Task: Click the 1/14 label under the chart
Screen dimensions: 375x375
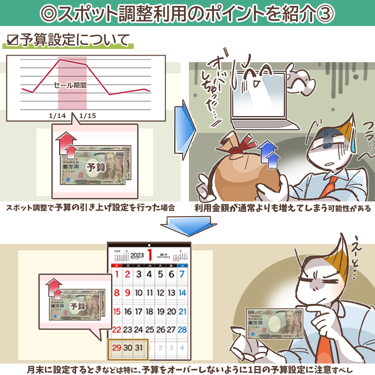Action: [x=57, y=116]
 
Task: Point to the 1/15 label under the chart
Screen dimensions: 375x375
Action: [x=87, y=116]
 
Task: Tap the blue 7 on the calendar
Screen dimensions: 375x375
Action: [x=182, y=275]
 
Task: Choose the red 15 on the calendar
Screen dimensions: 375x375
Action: [x=117, y=311]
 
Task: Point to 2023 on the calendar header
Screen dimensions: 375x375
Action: [x=137, y=255]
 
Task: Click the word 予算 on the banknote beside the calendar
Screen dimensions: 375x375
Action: [x=78, y=306]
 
